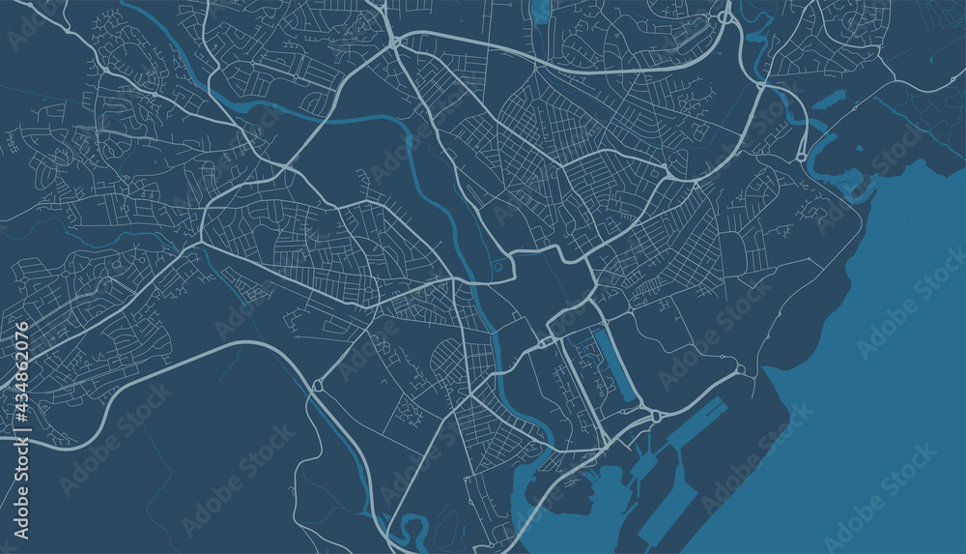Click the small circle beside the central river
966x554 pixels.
(497, 267)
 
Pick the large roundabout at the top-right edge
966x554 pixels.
(724, 16)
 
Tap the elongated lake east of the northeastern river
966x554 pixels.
(829, 101)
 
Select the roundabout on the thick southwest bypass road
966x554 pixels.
(317, 386)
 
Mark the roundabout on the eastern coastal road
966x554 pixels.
(741, 369)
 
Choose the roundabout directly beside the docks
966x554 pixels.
(655, 416)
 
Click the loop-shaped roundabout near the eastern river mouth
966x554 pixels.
(801, 156)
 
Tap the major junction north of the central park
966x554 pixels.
(395, 44)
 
